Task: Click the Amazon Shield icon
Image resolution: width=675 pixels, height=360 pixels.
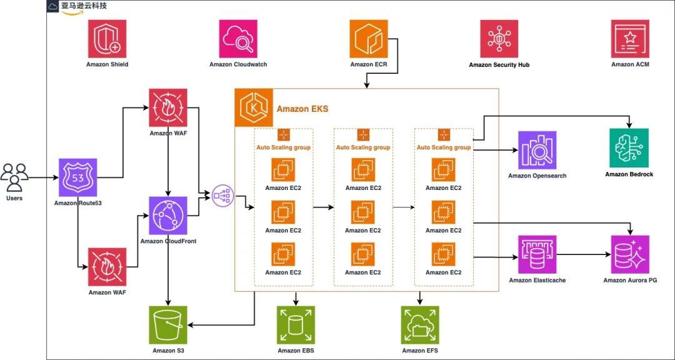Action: point(107,39)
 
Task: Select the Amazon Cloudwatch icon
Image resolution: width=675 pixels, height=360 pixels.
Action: point(237,39)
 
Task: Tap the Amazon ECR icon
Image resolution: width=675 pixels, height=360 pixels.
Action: point(369,39)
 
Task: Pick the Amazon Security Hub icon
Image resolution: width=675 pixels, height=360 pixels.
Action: point(499,39)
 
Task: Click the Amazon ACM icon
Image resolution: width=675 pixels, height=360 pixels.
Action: point(630,39)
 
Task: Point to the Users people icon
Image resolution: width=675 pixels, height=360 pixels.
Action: point(14,177)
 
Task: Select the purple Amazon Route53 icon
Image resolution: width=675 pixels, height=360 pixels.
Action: point(77,177)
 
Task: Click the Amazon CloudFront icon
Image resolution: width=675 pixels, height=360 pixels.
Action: point(167,216)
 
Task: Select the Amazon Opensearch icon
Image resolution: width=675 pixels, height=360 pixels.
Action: point(537,150)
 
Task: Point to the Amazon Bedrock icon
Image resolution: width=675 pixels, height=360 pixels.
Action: point(629,148)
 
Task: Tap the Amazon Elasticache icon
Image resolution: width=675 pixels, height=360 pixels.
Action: point(537,255)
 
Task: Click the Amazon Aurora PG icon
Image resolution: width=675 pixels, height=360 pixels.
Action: point(630,255)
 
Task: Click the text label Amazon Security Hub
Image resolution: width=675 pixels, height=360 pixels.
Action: point(499,65)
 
